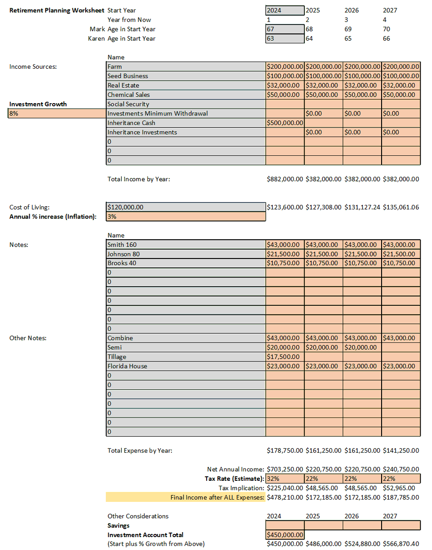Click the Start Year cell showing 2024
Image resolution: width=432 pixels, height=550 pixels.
point(284,10)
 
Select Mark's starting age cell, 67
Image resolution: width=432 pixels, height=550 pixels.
point(284,29)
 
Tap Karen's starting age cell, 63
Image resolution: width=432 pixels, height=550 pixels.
point(284,38)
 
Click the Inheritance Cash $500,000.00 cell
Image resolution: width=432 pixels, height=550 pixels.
point(284,123)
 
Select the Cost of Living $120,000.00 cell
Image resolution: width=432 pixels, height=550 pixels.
point(186,207)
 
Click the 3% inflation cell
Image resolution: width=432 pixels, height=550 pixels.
point(186,216)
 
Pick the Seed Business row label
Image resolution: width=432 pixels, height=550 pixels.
point(128,76)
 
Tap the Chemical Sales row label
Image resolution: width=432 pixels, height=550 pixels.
point(129,95)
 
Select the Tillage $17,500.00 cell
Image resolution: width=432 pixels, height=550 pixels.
point(284,357)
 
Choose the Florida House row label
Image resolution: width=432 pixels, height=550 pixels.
point(127,366)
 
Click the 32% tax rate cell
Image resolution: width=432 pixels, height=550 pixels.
point(284,478)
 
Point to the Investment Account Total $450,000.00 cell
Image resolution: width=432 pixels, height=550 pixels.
point(284,534)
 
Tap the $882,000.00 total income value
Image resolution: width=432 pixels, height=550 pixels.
point(285,179)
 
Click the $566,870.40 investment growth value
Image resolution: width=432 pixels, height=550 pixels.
point(401,544)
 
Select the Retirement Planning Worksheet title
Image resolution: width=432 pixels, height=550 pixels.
point(57,10)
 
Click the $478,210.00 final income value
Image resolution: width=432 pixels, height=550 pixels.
point(285,497)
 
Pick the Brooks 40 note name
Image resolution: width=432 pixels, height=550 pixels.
point(122,263)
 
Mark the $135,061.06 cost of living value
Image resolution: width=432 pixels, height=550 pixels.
point(401,207)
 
